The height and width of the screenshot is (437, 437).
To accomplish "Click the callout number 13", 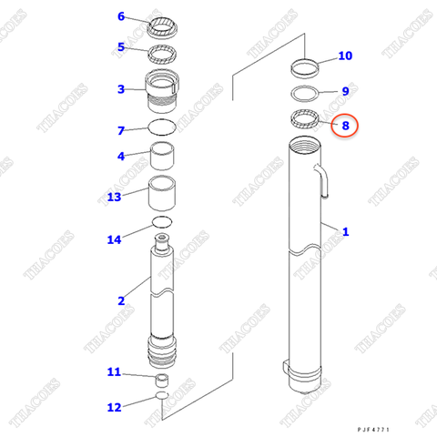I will [x=114, y=197].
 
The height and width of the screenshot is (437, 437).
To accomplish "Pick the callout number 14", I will [x=114, y=239].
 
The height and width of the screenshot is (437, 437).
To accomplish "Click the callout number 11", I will [x=114, y=371].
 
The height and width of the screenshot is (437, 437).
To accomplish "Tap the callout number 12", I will [x=114, y=406].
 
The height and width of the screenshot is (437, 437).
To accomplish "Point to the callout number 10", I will [x=345, y=56].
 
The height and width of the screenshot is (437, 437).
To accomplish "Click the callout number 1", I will [x=345, y=232].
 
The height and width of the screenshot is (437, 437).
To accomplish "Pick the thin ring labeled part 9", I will [x=304, y=92].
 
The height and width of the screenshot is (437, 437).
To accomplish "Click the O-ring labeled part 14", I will [x=162, y=223].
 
